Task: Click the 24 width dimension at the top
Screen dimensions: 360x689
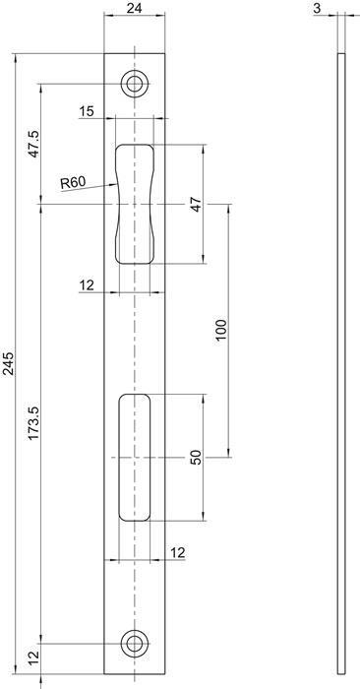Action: coord(135,8)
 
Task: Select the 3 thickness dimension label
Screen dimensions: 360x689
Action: coord(317,8)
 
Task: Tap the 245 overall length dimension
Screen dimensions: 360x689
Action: coord(9,363)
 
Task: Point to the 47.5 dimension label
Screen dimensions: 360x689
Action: coord(33,144)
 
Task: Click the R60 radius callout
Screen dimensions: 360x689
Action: coord(73,182)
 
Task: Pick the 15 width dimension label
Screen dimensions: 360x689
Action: coord(87,111)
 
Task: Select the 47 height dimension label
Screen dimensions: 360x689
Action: coord(197,205)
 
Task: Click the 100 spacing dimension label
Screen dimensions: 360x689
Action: coord(221,332)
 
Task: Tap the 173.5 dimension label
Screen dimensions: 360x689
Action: coord(33,423)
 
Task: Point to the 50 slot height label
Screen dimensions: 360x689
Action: coord(197,458)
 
